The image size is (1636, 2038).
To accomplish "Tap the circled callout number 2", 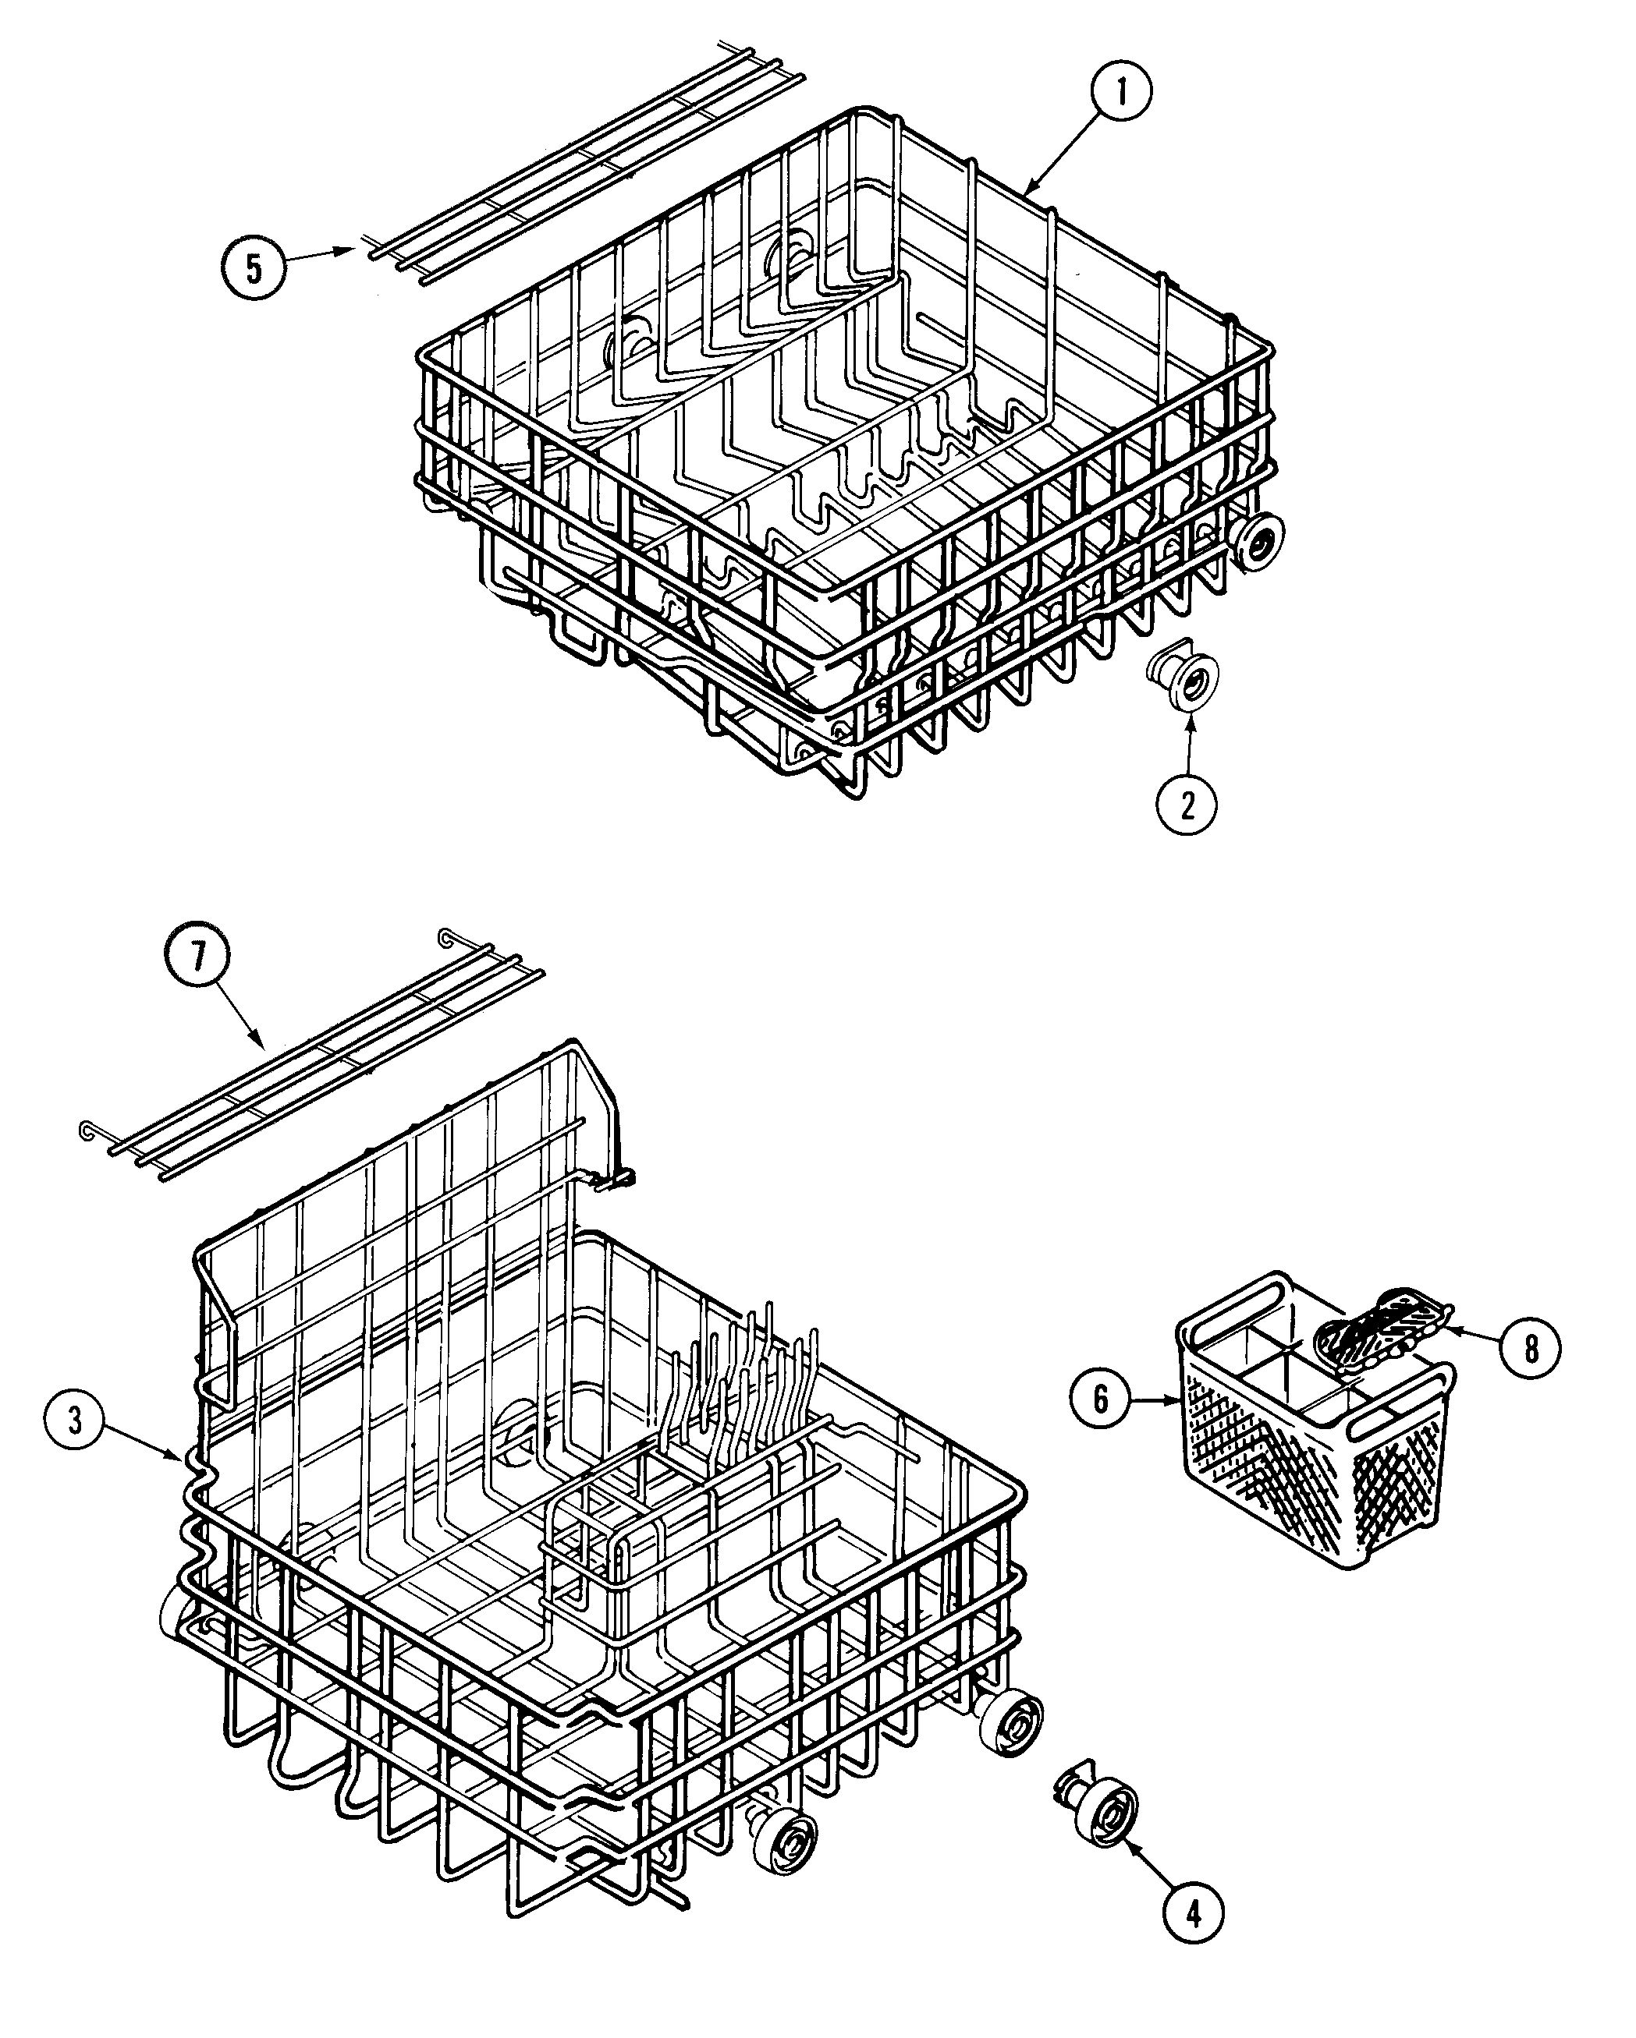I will click(x=1187, y=805).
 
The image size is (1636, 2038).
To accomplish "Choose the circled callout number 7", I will click(x=197, y=957).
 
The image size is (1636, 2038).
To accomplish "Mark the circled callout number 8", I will click(x=1530, y=1349).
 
